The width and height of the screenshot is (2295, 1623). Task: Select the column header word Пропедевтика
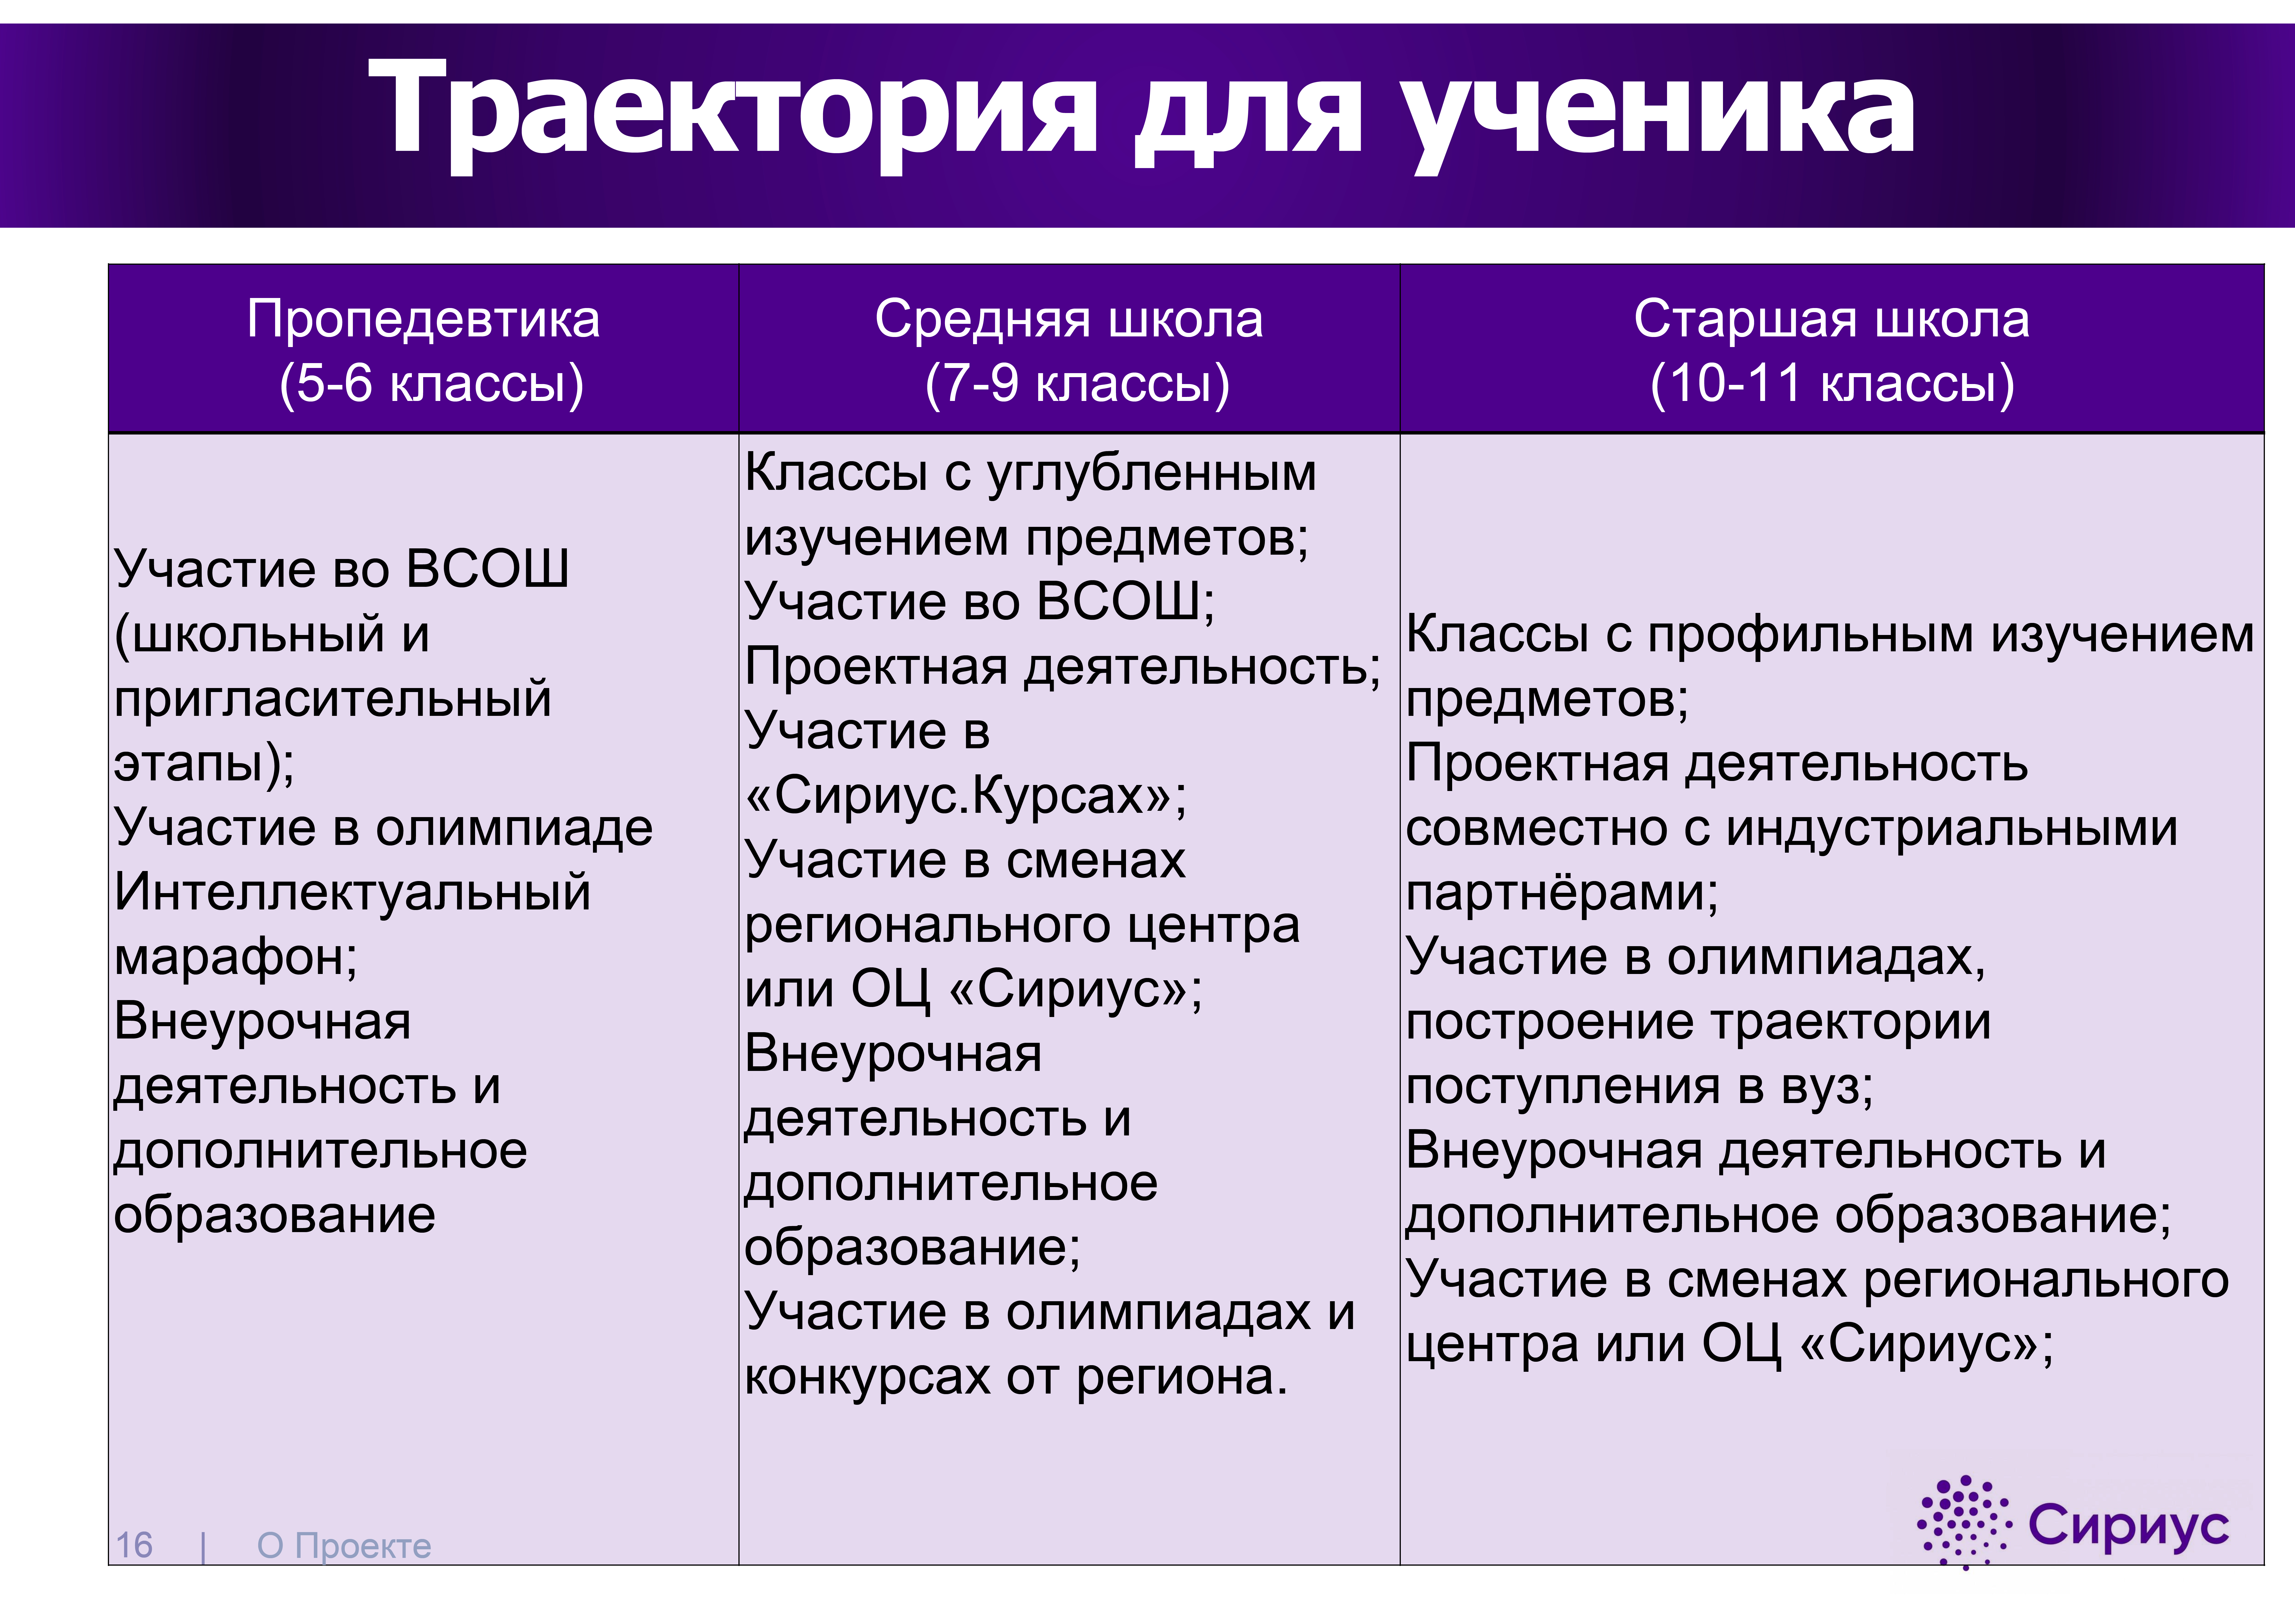point(424,320)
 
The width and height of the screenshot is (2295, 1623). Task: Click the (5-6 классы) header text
point(432,384)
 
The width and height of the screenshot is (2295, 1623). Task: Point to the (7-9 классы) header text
point(1078,384)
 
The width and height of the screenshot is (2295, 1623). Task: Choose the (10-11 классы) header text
point(1832,384)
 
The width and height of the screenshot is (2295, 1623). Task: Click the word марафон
point(230,957)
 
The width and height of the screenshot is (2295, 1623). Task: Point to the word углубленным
point(1152,474)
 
